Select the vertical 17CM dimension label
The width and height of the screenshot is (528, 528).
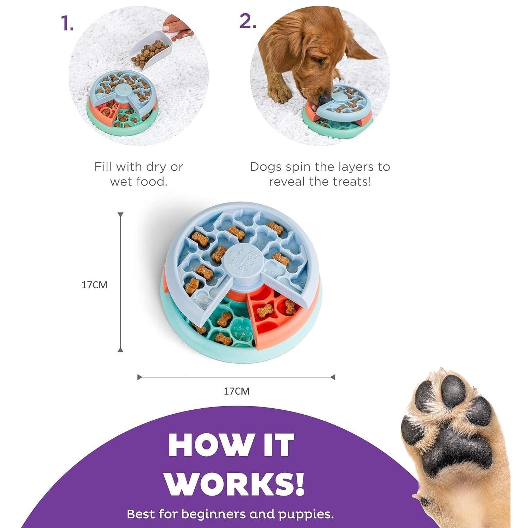point(94,285)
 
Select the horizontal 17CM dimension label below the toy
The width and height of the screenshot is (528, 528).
point(237,391)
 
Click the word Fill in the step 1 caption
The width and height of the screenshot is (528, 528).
point(103,166)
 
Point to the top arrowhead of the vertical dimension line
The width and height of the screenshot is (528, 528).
point(120,215)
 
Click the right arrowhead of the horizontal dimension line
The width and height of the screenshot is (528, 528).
point(333,377)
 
